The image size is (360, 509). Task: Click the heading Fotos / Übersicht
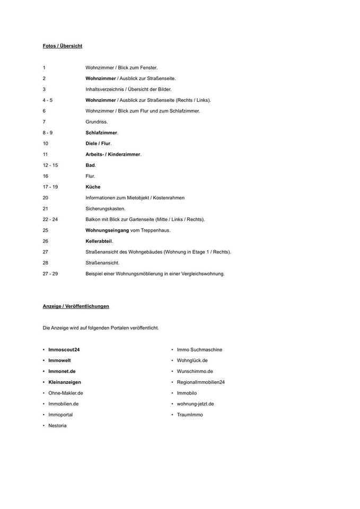pyautogui.click(x=63, y=46)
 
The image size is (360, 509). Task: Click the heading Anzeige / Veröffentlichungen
pyautogui.click(x=76, y=306)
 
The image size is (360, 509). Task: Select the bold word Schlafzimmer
pyautogui.click(x=101, y=133)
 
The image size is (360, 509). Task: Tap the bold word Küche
pyautogui.click(x=93, y=187)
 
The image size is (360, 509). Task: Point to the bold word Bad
pyautogui.click(x=90, y=165)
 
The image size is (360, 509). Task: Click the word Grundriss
pyautogui.click(x=96, y=122)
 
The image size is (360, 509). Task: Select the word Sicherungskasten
pyautogui.click(x=105, y=208)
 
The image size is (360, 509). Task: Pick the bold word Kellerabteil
pyautogui.click(x=99, y=241)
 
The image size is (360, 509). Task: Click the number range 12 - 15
pyautogui.click(x=50, y=165)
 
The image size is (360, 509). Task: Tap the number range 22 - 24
pyautogui.click(x=50, y=220)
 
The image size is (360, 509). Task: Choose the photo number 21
pyautogui.click(x=46, y=208)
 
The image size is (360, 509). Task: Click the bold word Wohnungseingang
pyautogui.click(x=107, y=230)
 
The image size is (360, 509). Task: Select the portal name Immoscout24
pyautogui.click(x=64, y=350)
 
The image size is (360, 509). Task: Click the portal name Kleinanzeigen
pyautogui.click(x=65, y=382)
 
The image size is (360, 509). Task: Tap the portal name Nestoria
pyautogui.click(x=57, y=426)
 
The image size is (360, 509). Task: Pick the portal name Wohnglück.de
pyautogui.click(x=192, y=361)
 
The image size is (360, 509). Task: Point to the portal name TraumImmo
pyautogui.click(x=190, y=415)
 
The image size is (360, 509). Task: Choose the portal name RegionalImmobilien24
pyautogui.click(x=201, y=382)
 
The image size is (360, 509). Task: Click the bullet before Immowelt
pyautogui.click(x=44, y=361)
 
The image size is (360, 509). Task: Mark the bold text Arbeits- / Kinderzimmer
pyautogui.click(x=113, y=154)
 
